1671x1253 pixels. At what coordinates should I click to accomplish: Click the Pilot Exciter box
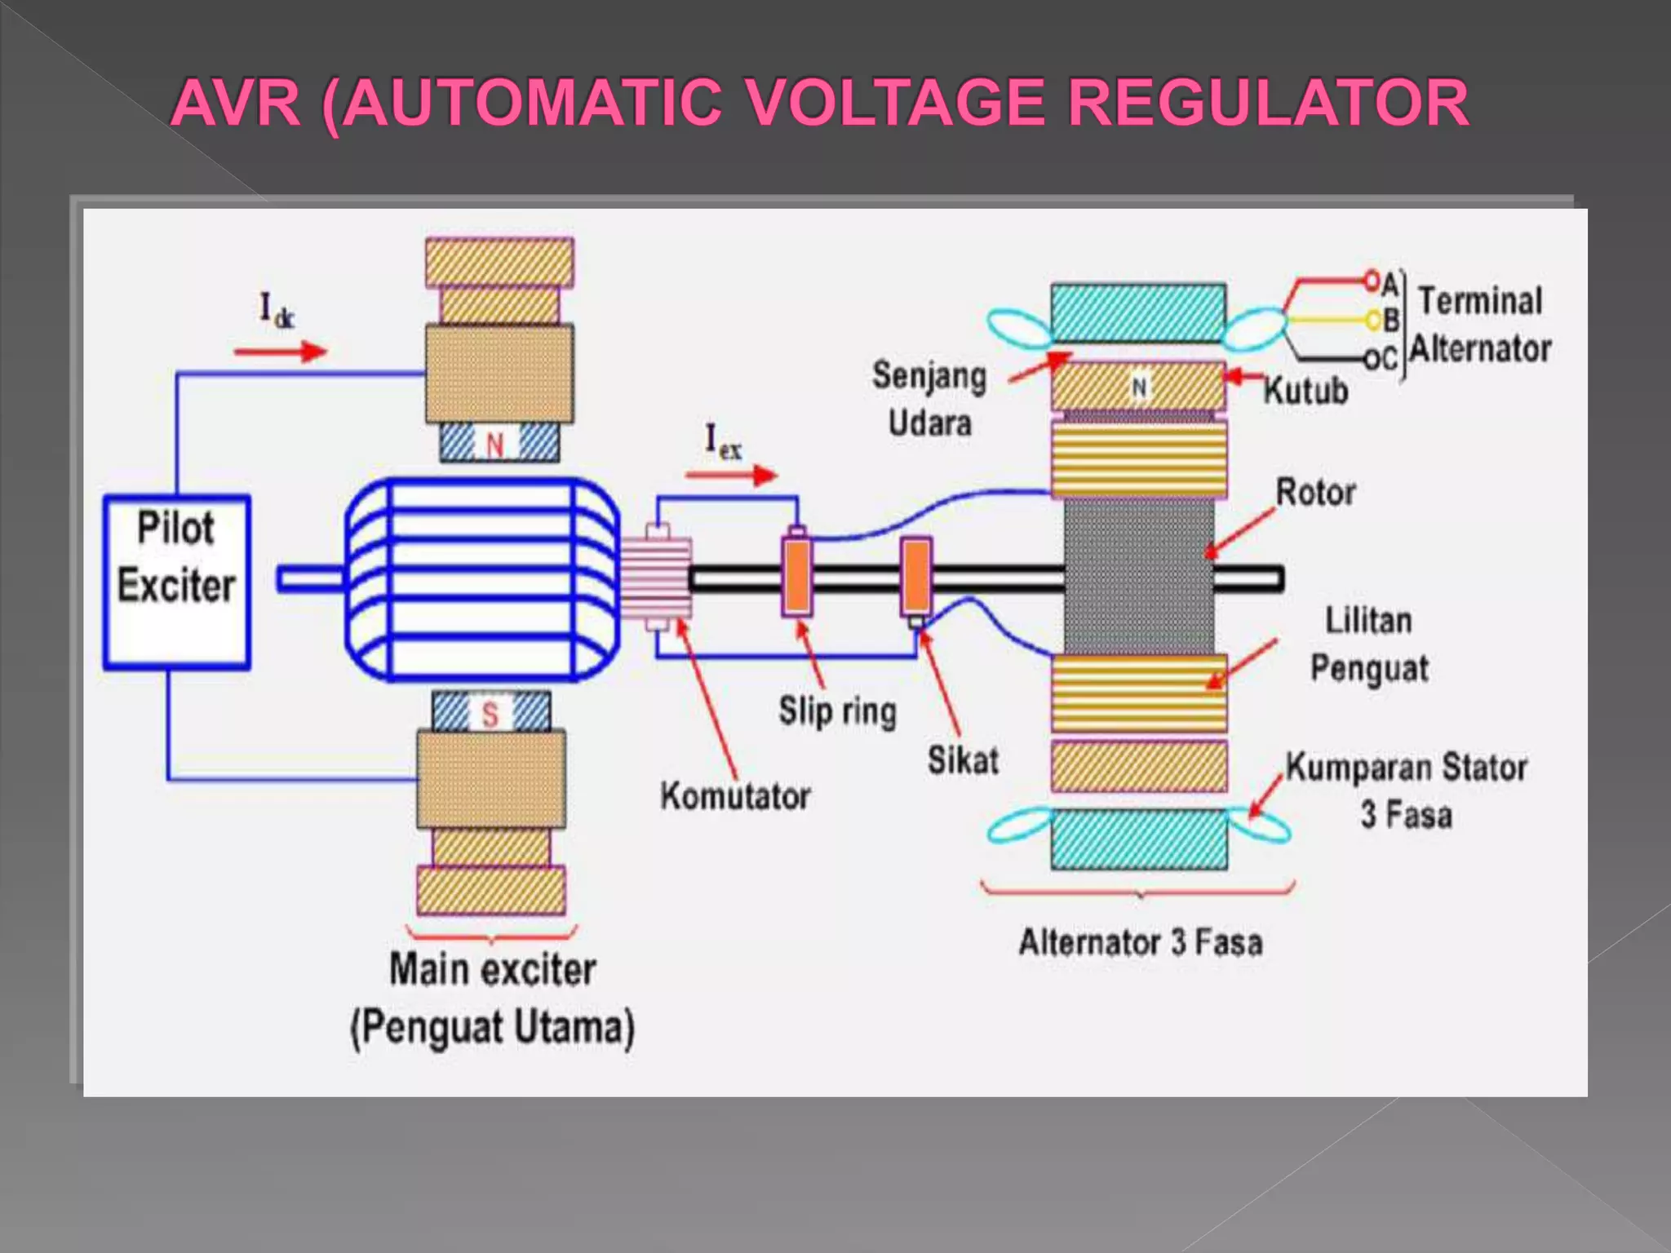coord(176,581)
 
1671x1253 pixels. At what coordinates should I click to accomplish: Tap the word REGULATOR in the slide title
coord(1268,103)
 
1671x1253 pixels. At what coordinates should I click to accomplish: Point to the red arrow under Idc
coord(280,352)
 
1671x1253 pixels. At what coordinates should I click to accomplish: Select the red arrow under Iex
coord(731,475)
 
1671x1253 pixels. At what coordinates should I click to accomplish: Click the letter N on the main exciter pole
coord(495,445)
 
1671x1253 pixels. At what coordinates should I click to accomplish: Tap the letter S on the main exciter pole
coord(490,714)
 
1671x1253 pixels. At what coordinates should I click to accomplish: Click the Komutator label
coord(735,796)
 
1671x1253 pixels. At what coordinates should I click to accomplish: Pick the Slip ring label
coord(837,711)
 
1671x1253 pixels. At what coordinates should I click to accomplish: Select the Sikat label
coord(963,760)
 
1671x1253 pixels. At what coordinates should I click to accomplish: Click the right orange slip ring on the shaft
coord(916,576)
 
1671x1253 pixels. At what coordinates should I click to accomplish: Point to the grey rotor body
coord(1138,576)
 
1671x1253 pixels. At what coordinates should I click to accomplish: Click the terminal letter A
coord(1390,282)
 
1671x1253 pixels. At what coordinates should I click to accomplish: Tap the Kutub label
coord(1305,392)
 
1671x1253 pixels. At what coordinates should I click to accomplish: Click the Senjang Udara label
coord(929,399)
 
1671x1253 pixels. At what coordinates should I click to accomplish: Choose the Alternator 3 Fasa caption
coord(1140,942)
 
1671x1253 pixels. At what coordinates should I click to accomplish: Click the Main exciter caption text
coord(492,970)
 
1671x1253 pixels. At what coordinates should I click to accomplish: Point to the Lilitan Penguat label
coord(1369,644)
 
